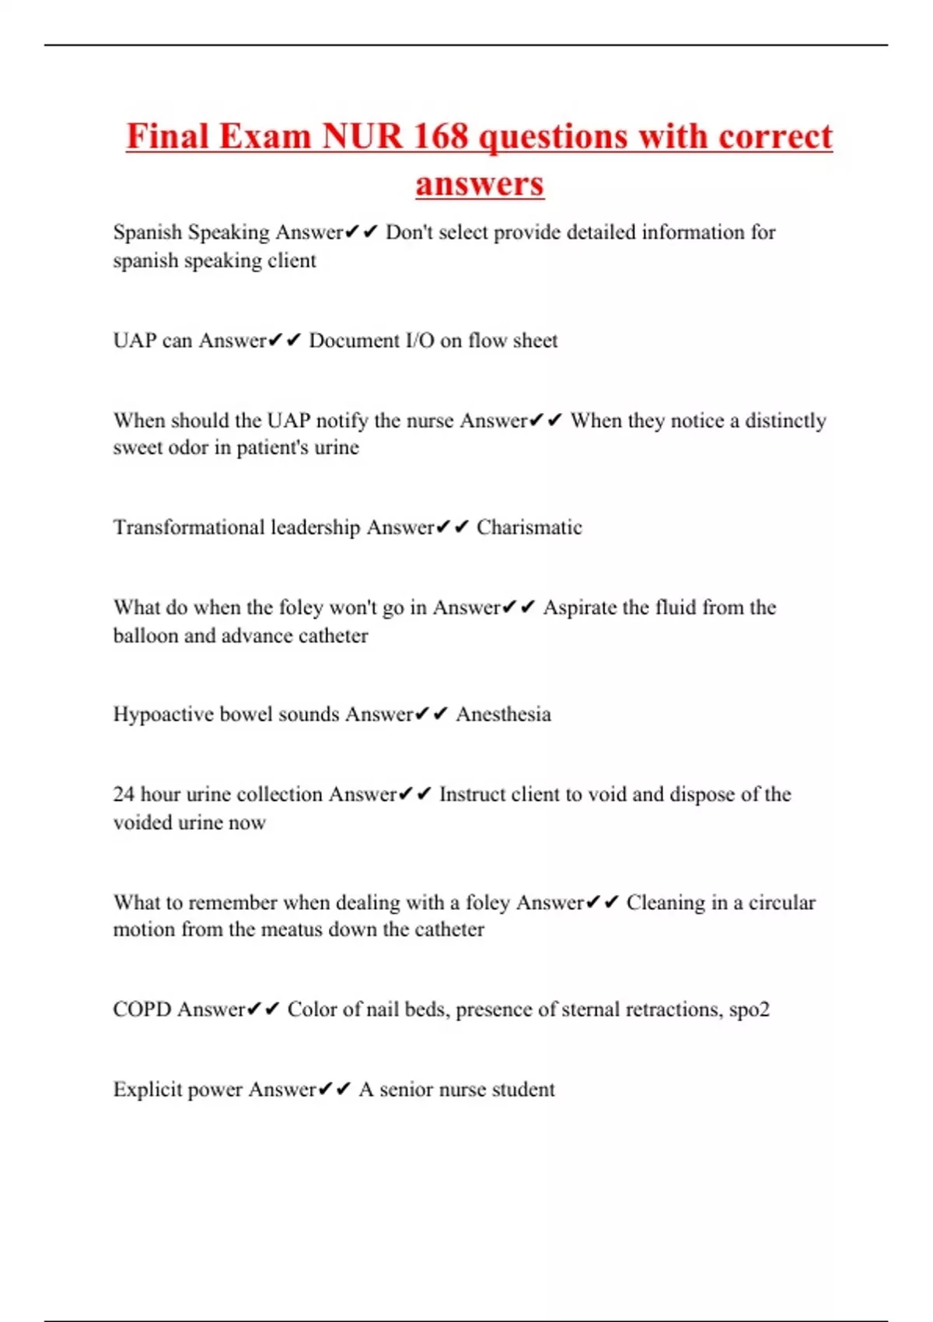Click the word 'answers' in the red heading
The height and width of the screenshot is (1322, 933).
[479, 184]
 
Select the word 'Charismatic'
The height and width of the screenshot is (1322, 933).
[529, 527]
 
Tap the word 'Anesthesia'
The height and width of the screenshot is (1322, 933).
[503, 714]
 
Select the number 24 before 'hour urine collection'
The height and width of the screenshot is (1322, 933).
[124, 794]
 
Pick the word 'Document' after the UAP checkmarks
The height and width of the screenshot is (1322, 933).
[353, 341]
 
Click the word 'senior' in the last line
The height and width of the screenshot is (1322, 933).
[406, 1089]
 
